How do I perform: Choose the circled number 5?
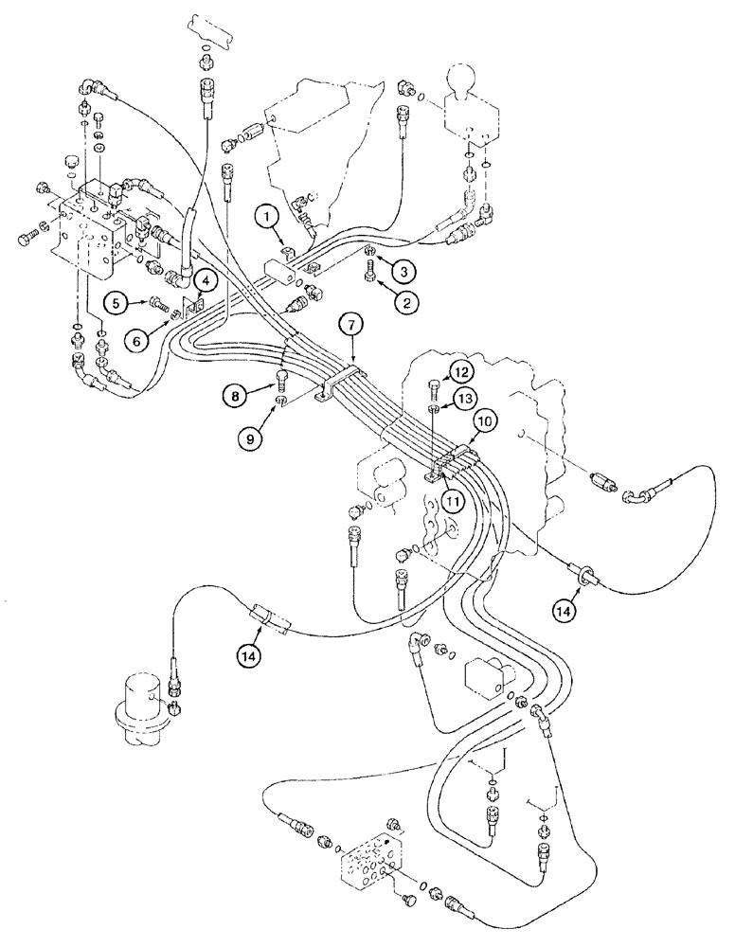pyautogui.click(x=115, y=303)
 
